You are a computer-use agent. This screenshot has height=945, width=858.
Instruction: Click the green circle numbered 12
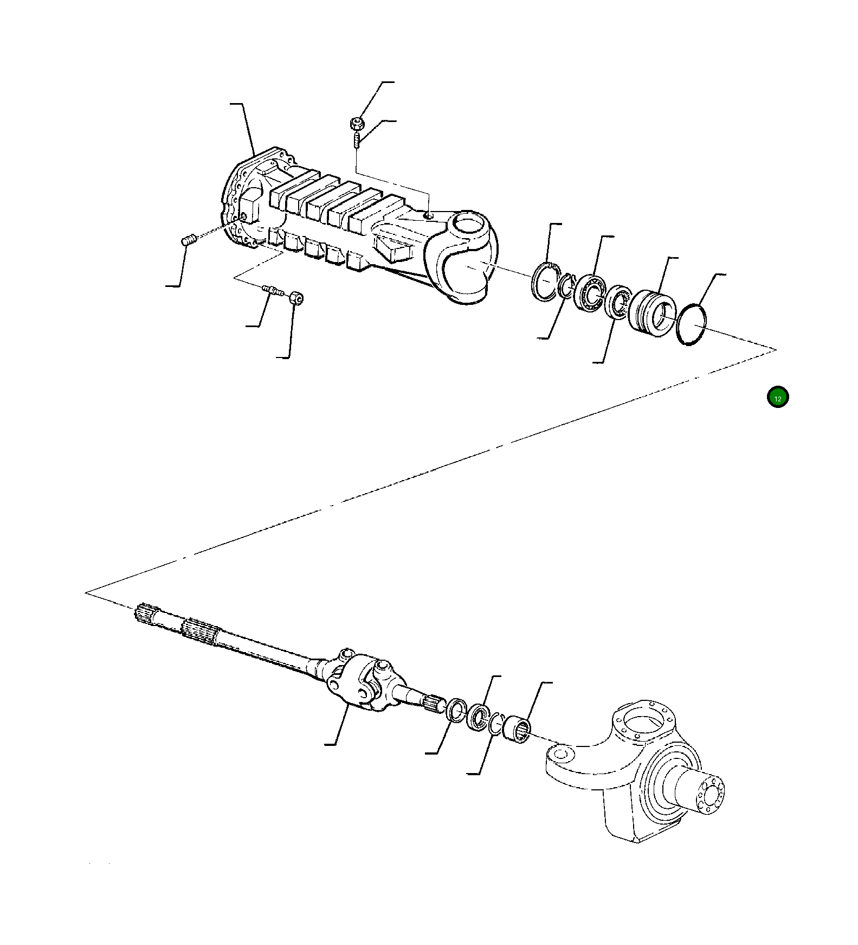pyautogui.click(x=778, y=397)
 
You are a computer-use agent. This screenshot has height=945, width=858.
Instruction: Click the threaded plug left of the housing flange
pyautogui.click(x=188, y=239)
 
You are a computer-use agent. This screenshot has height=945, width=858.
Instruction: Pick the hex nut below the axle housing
pyautogui.click(x=296, y=298)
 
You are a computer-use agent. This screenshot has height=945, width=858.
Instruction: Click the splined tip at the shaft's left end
pyautogui.click(x=144, y=614)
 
